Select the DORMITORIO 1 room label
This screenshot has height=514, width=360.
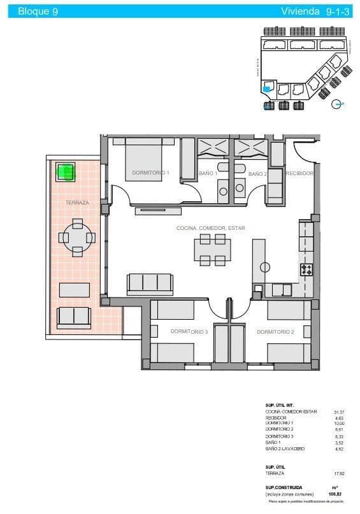150,173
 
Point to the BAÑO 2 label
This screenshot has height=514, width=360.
257,173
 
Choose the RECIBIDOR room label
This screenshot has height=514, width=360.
299,173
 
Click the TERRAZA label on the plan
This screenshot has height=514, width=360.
77,203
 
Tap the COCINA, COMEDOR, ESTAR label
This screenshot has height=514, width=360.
211,228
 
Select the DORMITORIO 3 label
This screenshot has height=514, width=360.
189,332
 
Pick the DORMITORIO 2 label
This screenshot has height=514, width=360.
275,332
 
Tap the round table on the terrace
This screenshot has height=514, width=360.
77,238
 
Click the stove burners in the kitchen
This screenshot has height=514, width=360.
306,269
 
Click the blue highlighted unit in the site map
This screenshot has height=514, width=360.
267,89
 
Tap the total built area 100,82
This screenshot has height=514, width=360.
335,494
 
